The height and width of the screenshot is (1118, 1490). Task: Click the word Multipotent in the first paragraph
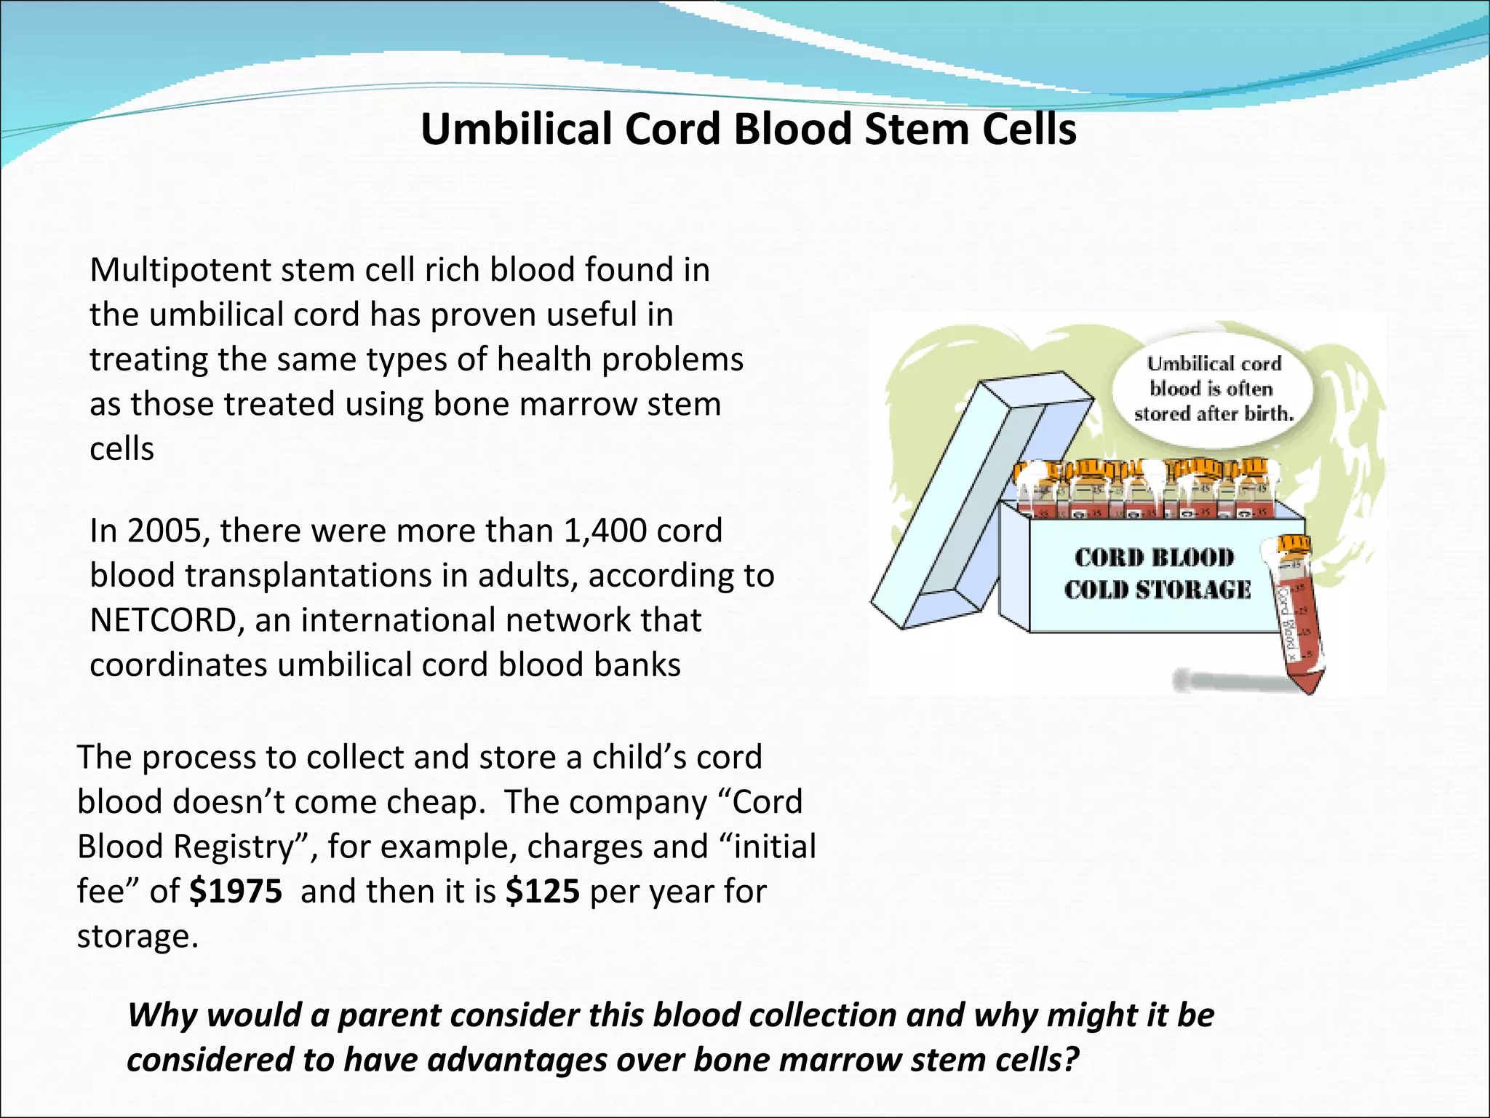180,271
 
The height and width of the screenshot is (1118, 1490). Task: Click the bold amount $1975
235,892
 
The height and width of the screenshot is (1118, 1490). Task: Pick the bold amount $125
543,892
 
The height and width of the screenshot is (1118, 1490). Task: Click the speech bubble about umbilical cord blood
1213,389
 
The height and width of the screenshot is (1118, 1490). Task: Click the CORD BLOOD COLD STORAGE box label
1156,574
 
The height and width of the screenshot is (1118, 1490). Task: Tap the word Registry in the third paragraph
243,847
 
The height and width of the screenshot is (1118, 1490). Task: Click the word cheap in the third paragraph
435,802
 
